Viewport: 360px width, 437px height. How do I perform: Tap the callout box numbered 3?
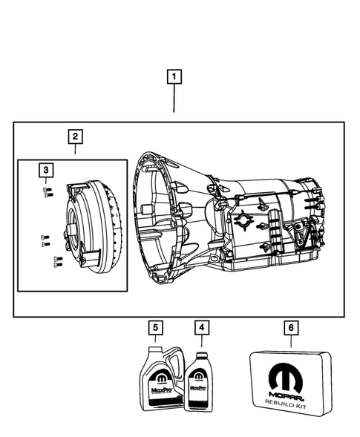(46, 171)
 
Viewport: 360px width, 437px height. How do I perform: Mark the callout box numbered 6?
(290, 326)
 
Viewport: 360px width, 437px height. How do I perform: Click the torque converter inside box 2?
(87, 223)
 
